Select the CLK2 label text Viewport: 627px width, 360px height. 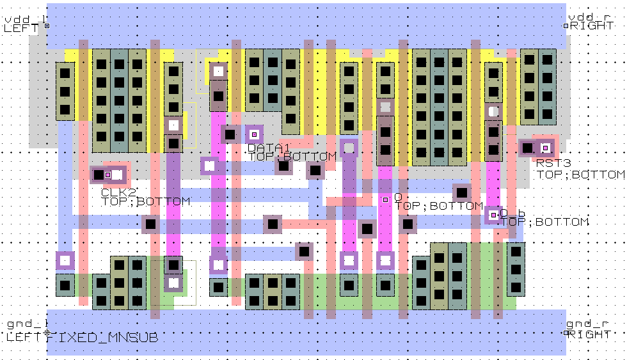coord(118,192)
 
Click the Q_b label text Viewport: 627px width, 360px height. coord(512,213)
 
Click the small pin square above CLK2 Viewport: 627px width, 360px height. coord(107,175)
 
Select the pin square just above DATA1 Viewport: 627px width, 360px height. coord(254,134)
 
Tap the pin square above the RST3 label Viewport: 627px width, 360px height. coord(545,148)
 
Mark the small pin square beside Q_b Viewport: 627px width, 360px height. coord(493,215)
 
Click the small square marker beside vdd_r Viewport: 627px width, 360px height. coord(566,26)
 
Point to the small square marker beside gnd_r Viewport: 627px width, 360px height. coord(566,333)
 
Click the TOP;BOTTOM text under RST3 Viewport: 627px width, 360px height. coord(580,174)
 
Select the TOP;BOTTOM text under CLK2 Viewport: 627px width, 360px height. coord(146,201)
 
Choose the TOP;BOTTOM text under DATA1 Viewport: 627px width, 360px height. coord(292,157)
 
